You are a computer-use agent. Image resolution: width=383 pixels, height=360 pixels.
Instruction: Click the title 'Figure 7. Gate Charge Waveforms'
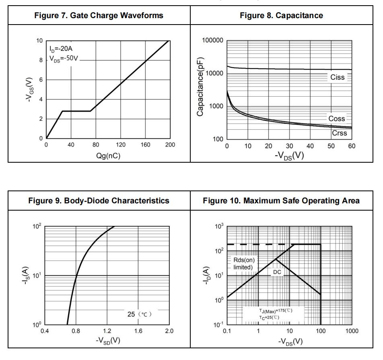tap(95, 16)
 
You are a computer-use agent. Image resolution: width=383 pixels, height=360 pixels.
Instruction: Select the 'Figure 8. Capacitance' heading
tap(286, 16)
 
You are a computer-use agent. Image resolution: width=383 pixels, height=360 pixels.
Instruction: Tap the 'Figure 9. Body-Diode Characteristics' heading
tap(95, 201)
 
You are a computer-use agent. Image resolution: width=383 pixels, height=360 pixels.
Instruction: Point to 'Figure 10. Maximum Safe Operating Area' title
tap(286, 201)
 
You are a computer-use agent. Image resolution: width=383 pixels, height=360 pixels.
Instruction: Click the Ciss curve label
tap(337, 78)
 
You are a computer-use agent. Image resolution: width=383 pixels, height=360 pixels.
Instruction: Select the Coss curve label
tap(337, 119)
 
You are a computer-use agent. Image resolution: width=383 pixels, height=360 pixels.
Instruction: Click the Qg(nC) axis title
tap(107, 156)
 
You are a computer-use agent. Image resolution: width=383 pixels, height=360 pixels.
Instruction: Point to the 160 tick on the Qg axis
tap(145, 145)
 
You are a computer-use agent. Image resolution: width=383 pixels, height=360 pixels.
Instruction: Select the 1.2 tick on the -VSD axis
tap(107, 331)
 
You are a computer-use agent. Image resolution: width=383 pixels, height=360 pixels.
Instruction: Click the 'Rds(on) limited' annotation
tap(244, 263)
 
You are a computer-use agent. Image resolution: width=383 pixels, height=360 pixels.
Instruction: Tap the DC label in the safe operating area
tap(277, 272)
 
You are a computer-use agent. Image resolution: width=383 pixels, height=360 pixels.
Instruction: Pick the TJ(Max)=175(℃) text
tap(276, 311)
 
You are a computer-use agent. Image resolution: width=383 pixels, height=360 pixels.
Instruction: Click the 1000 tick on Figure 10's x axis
tap(352, 331)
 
